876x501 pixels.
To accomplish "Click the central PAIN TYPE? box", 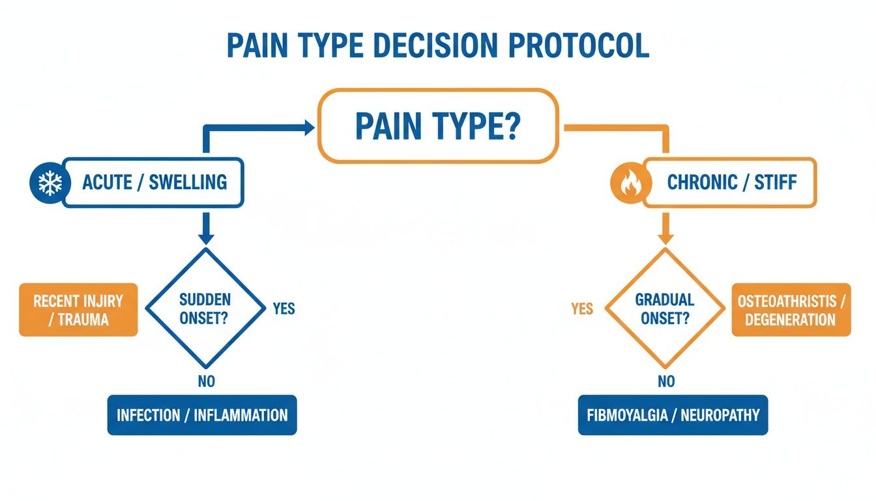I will click(x=437, y=126).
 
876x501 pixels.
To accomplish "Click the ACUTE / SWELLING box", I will click(x=154, y=182).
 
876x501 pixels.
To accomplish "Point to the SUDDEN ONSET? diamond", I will click(x=205, y=308).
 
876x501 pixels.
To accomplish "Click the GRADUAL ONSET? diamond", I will click(x=665, y=308).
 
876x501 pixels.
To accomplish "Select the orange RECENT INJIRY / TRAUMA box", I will click(x=78, y=310).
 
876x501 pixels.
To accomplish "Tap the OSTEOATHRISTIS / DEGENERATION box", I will click(x=791, y=310).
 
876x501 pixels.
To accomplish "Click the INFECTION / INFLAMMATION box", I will click(x=201, y=415).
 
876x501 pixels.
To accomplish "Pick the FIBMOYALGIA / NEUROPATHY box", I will click(x=673, y=415).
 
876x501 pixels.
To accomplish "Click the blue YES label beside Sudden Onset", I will click(x=284, y=308).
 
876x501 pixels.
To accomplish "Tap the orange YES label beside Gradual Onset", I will click(x=581, y=308).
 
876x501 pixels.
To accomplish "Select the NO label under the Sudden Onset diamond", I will click(x=206, y=382).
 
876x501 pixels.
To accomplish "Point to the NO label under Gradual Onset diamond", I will click(x=665, y=382).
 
